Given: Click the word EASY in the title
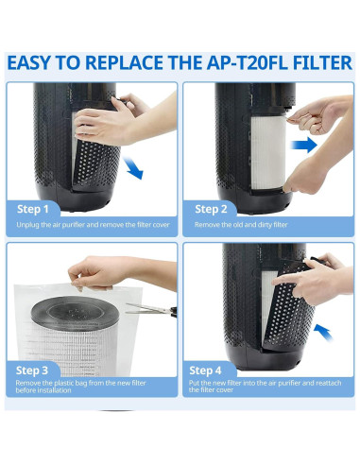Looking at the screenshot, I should [36, 63].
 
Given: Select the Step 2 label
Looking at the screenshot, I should [214, 209].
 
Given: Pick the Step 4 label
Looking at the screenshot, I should [214, 370].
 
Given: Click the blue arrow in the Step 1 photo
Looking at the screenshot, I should [135, 170].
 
